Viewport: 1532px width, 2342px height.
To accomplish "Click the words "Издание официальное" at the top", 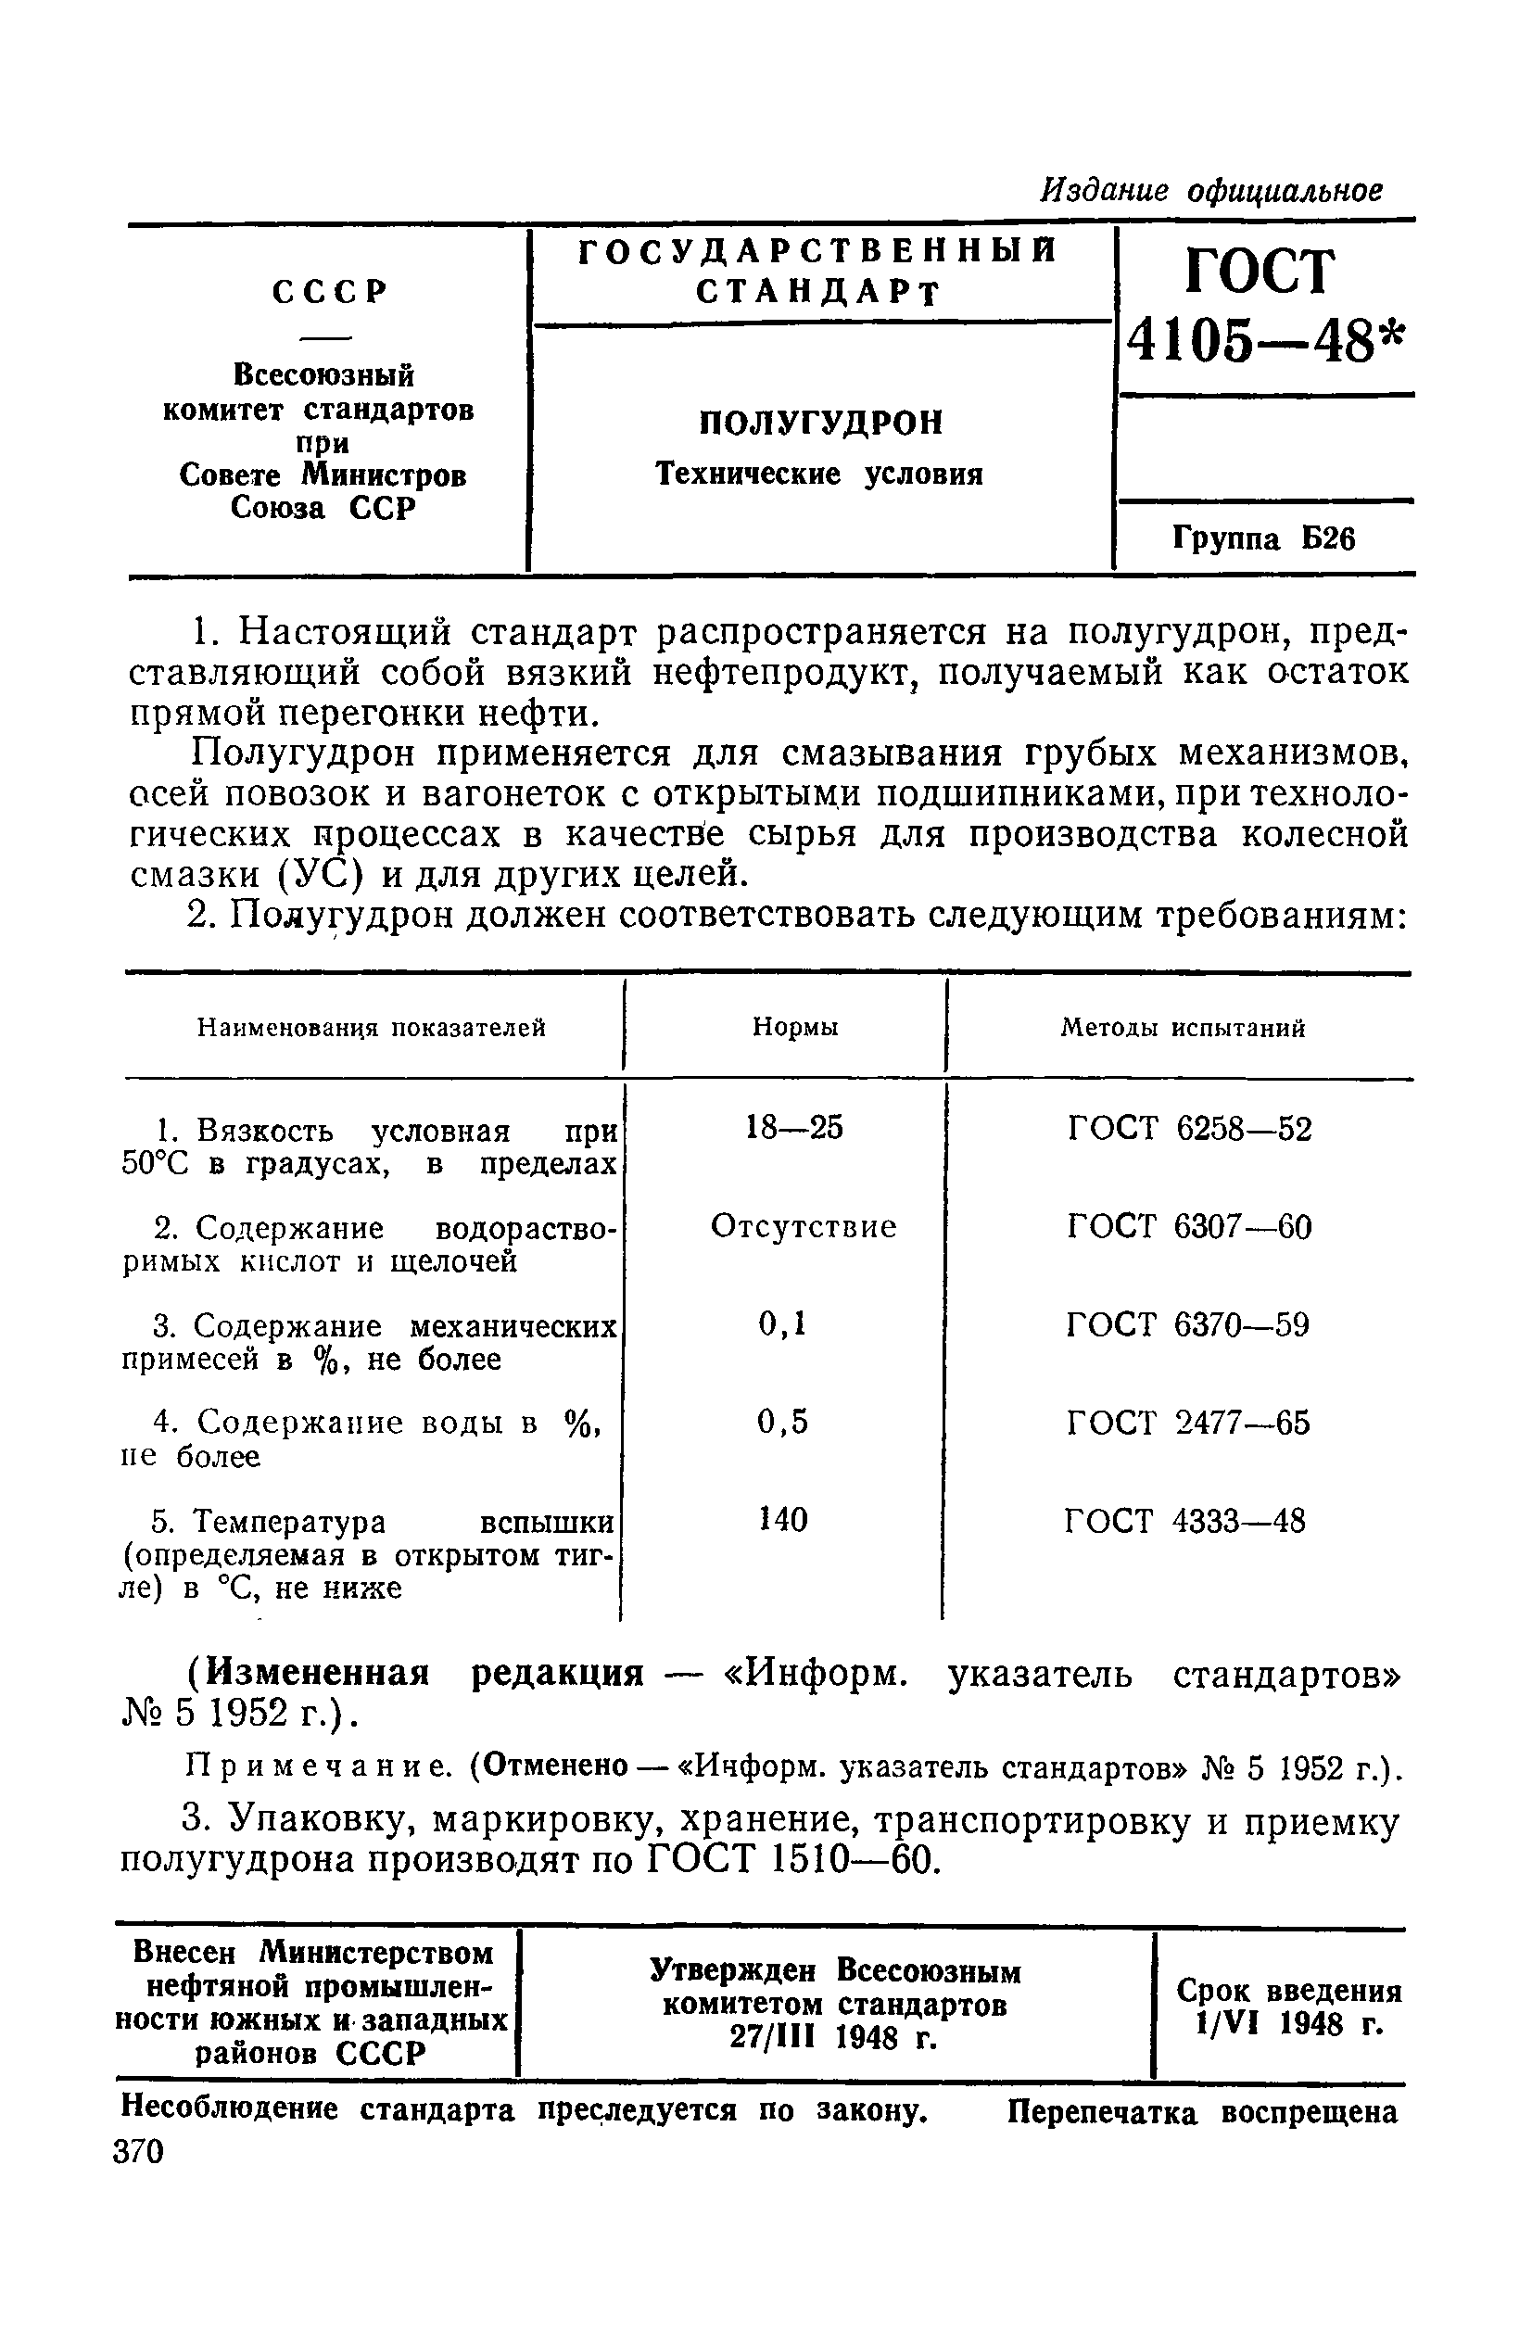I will click(x=1211, y=190).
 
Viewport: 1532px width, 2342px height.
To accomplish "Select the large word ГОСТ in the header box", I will click(x=1261, y=271).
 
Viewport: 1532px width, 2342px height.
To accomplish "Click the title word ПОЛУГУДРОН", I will click(x=820, y=424).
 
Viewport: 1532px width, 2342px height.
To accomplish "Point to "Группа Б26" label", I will click(x=1263, y=539).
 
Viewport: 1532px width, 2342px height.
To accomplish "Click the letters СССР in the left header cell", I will click(x=330, y=291).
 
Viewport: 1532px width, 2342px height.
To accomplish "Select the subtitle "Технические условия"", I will click(x=819, y=475).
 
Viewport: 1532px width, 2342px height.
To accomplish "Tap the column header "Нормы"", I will click(x=795, y=1027).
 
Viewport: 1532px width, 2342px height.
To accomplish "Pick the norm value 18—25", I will click(x=794, y=1128).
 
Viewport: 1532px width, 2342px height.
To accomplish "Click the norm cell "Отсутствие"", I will click(x=803, y=1227).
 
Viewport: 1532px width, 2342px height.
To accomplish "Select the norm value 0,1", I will click(x=783, y=1324).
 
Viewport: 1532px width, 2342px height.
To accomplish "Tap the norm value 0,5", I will click(x=783, y=1422).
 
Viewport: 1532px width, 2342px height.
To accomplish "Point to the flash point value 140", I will click(x=783, y=1520).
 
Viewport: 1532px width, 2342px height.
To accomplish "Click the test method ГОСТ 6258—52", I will click(x=1188, y=1129).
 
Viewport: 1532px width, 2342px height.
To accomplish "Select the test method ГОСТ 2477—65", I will click(x=1188, y=1423).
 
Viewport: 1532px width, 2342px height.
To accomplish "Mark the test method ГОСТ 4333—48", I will click(x=1185, y=1521).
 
